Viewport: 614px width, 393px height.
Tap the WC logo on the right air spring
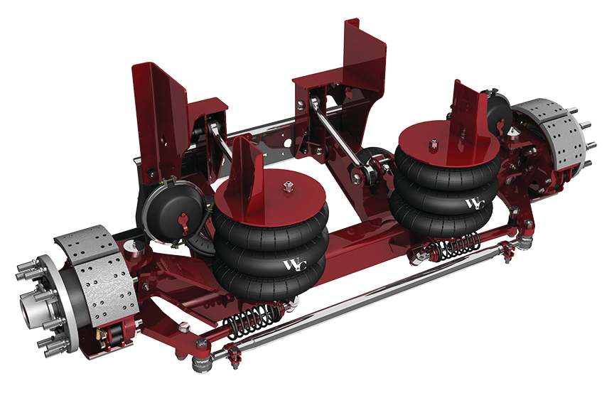475,204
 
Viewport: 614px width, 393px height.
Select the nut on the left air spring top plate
287,188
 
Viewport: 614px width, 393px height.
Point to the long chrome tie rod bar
370,298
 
